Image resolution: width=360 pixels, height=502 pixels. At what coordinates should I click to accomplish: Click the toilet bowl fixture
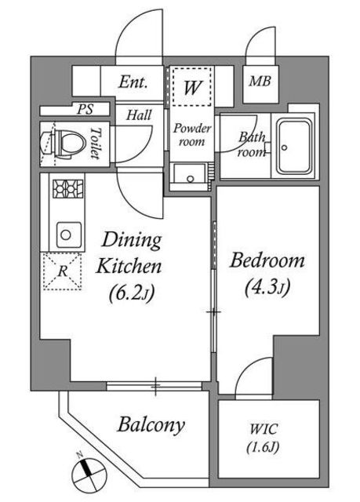click(64, 144)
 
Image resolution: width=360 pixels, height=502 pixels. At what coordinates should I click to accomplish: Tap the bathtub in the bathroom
click(294, 147)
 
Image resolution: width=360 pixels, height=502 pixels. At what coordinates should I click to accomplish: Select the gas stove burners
click(67, 188)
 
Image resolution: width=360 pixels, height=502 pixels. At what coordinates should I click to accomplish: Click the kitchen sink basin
click(69, 235)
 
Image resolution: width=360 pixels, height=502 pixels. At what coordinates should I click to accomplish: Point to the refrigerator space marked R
click(62, 271)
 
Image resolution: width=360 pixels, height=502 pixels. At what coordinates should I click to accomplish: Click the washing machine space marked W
click(192, 86)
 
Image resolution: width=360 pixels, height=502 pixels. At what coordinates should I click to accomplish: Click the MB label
click(260, 81)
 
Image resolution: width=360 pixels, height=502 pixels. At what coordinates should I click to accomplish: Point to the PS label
click(85, 110)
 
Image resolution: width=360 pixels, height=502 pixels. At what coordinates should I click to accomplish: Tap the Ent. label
click(133, 82)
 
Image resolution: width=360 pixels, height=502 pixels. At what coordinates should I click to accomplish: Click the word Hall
click(139, 115)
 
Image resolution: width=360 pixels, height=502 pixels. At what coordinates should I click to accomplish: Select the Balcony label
click(151, 425)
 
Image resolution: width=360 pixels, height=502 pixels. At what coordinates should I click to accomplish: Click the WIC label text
click(264, 429)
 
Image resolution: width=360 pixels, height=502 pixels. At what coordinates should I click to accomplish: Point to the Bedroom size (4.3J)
click(267, 286)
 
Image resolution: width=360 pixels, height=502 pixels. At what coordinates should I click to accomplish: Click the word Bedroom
click(267, 260)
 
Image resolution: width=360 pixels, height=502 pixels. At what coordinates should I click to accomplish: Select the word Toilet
click(96, 143)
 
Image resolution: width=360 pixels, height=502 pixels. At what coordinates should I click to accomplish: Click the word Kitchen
click(129, 266)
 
